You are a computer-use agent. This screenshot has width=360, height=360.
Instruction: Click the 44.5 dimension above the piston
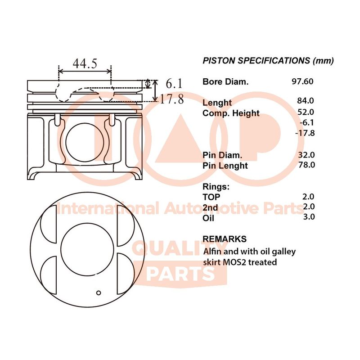[85, 63]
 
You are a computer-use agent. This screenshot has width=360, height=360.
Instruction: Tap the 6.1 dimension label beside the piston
[174, 83]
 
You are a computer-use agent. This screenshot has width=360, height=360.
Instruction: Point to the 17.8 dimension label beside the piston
[171, 99]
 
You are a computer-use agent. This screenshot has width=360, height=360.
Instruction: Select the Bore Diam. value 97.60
[302, 81]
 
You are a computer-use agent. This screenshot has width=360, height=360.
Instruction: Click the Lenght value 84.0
[306, 100]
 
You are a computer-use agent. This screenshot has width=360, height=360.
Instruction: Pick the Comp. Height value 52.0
[306, 112]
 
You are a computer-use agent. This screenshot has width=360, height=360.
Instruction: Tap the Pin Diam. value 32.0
[306, 155]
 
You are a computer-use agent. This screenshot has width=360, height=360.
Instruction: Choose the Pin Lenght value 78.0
[307, 165]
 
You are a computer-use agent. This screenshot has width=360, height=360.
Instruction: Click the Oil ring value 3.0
[309, 216]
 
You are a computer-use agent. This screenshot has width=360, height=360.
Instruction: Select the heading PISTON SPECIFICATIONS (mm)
[268, 61]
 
